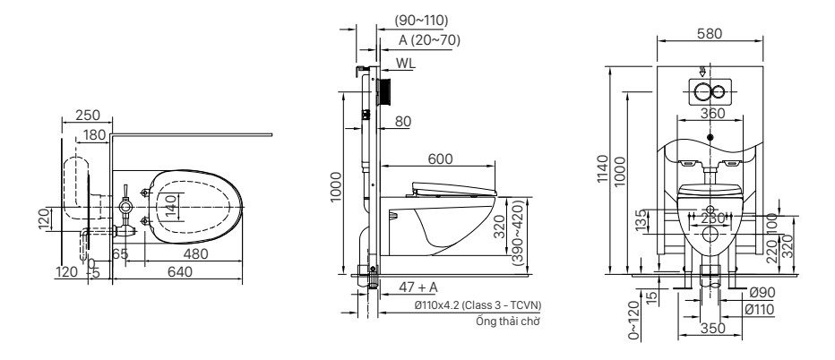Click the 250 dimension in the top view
point(88,115)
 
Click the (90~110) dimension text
point(421,20)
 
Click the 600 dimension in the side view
point(438,159)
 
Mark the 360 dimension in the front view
point(711,114)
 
